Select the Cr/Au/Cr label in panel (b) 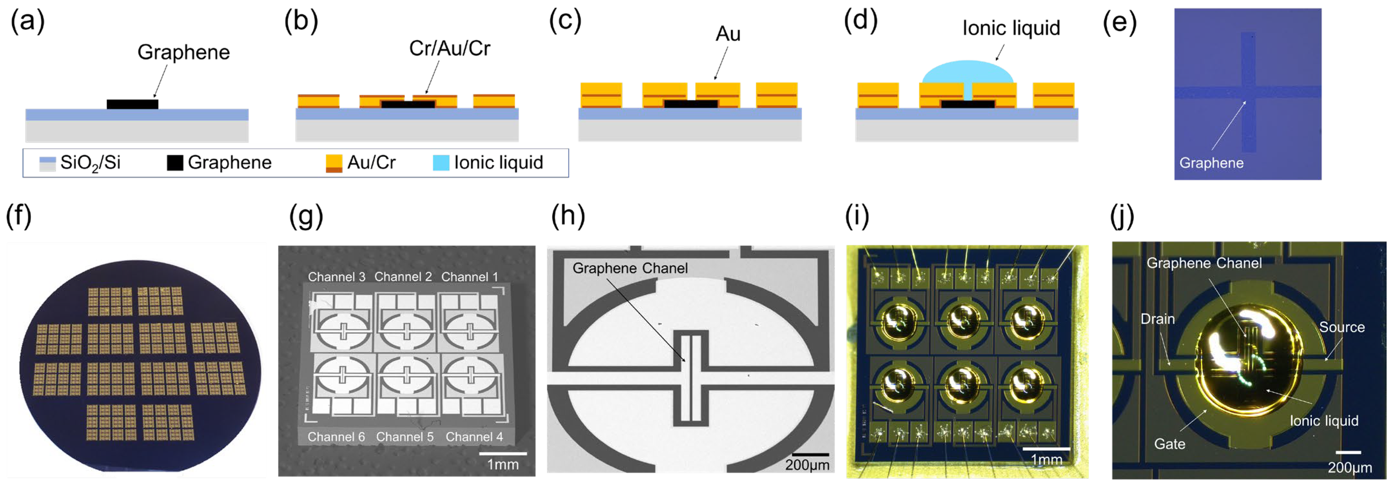(450, 48)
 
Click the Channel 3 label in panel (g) (336, 277)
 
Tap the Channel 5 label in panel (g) (405, 436)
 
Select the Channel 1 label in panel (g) (469, 277)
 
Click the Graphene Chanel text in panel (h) (630, 268)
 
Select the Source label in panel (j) (1341, 327)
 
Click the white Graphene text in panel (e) (1211, 163)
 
